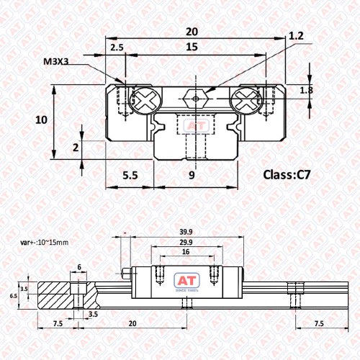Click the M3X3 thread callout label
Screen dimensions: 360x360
coord(56,61)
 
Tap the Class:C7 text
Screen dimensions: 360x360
coord(287,175)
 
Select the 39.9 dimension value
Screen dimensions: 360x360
coord(186,232)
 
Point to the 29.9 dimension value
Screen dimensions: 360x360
coord(186,242)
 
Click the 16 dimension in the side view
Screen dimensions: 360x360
coord(186,252)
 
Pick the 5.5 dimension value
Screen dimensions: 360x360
coord(130,176)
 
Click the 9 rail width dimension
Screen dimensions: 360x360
coord(192,175)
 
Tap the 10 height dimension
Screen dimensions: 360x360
coord(41,120)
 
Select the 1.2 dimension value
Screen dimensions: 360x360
coord(296,36)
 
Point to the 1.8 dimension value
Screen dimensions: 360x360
coord(307,90)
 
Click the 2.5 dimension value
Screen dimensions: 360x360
coord(117,48)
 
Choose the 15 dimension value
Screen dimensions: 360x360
coord(192,47)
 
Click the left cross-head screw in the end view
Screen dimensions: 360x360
coord(145,99)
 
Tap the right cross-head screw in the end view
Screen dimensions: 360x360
coord(246,99)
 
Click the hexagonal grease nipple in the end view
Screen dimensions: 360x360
coord(196,99)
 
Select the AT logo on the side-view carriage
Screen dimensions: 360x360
coord(186,281)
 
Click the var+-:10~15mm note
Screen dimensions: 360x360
coord(45,243)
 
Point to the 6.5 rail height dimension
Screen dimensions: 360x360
coord(14,296)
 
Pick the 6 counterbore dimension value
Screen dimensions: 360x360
coord(79,267)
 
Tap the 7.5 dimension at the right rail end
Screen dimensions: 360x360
coord(319,324)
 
